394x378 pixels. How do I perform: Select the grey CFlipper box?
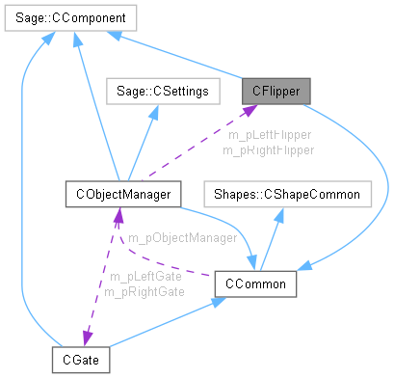click(276, 91)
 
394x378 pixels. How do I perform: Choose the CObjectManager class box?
click(118, 195)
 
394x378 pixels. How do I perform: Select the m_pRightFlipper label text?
click(268, 149)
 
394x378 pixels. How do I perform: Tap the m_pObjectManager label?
click(183, 236)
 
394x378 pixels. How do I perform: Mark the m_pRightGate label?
click(144, 291)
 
